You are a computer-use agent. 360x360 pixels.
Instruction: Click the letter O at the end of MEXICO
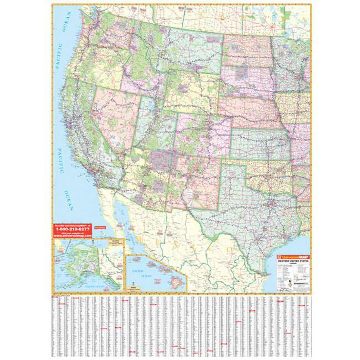(229, 249)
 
